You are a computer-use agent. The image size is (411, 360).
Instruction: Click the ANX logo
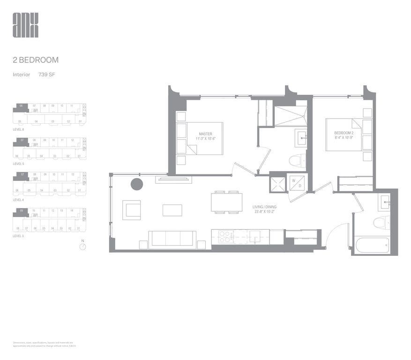tap(26, 25)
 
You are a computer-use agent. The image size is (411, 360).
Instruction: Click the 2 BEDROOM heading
tap(36, 60)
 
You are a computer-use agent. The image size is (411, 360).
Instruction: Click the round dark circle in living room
tap(136, 184)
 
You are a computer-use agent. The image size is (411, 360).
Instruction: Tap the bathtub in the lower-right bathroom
tap(372, 245)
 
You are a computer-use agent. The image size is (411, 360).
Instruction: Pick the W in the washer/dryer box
tap(293, 180)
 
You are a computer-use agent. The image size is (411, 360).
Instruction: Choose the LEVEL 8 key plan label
tap(18, 128)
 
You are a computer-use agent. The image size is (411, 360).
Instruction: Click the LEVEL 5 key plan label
tap(18, 164)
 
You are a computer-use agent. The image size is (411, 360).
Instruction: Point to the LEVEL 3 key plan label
tap(18, 235)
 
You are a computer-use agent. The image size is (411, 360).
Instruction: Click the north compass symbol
tap(83, 247)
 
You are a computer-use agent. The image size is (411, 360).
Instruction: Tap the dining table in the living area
tap(226, 202)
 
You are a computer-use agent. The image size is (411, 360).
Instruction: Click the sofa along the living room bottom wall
tap(172, 239)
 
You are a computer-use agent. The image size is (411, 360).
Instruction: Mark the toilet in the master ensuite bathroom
tap(297, 161)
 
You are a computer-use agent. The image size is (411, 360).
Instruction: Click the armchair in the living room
tap(132, 210)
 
